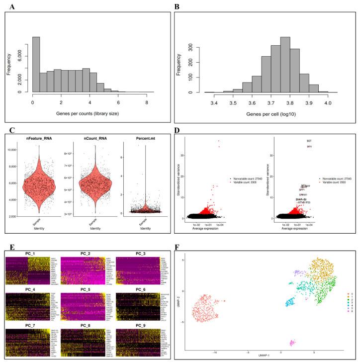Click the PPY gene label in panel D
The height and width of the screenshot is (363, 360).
coord(309,147)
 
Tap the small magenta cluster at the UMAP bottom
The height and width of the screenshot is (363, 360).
coord(291,342)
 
